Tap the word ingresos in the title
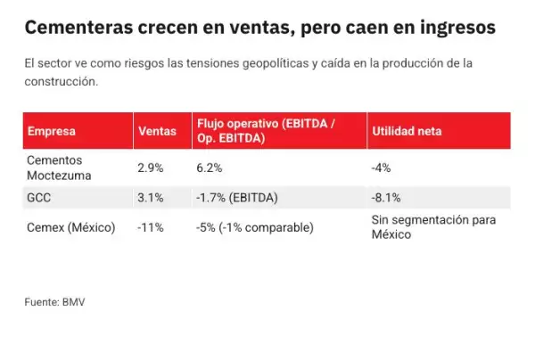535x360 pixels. point(453,28)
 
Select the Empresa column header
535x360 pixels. point(52,132)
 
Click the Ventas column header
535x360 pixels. point(158,132)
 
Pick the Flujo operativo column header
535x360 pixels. point(265,132)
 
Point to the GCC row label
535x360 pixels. point(38,198)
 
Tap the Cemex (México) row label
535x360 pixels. point(72,227)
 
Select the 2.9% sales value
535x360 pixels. point(151,168)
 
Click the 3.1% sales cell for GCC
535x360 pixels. point(151,198)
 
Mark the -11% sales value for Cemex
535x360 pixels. point(151,227)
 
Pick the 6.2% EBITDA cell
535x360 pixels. point(209,168)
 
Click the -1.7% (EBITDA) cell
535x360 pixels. point(236,198)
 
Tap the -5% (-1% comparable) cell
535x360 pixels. point(254,227)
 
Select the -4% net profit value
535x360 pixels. point(381,168)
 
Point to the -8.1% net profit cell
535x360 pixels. point(385,198)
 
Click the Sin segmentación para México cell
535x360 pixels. point(432,227)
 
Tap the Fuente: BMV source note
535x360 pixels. point(54,303)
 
